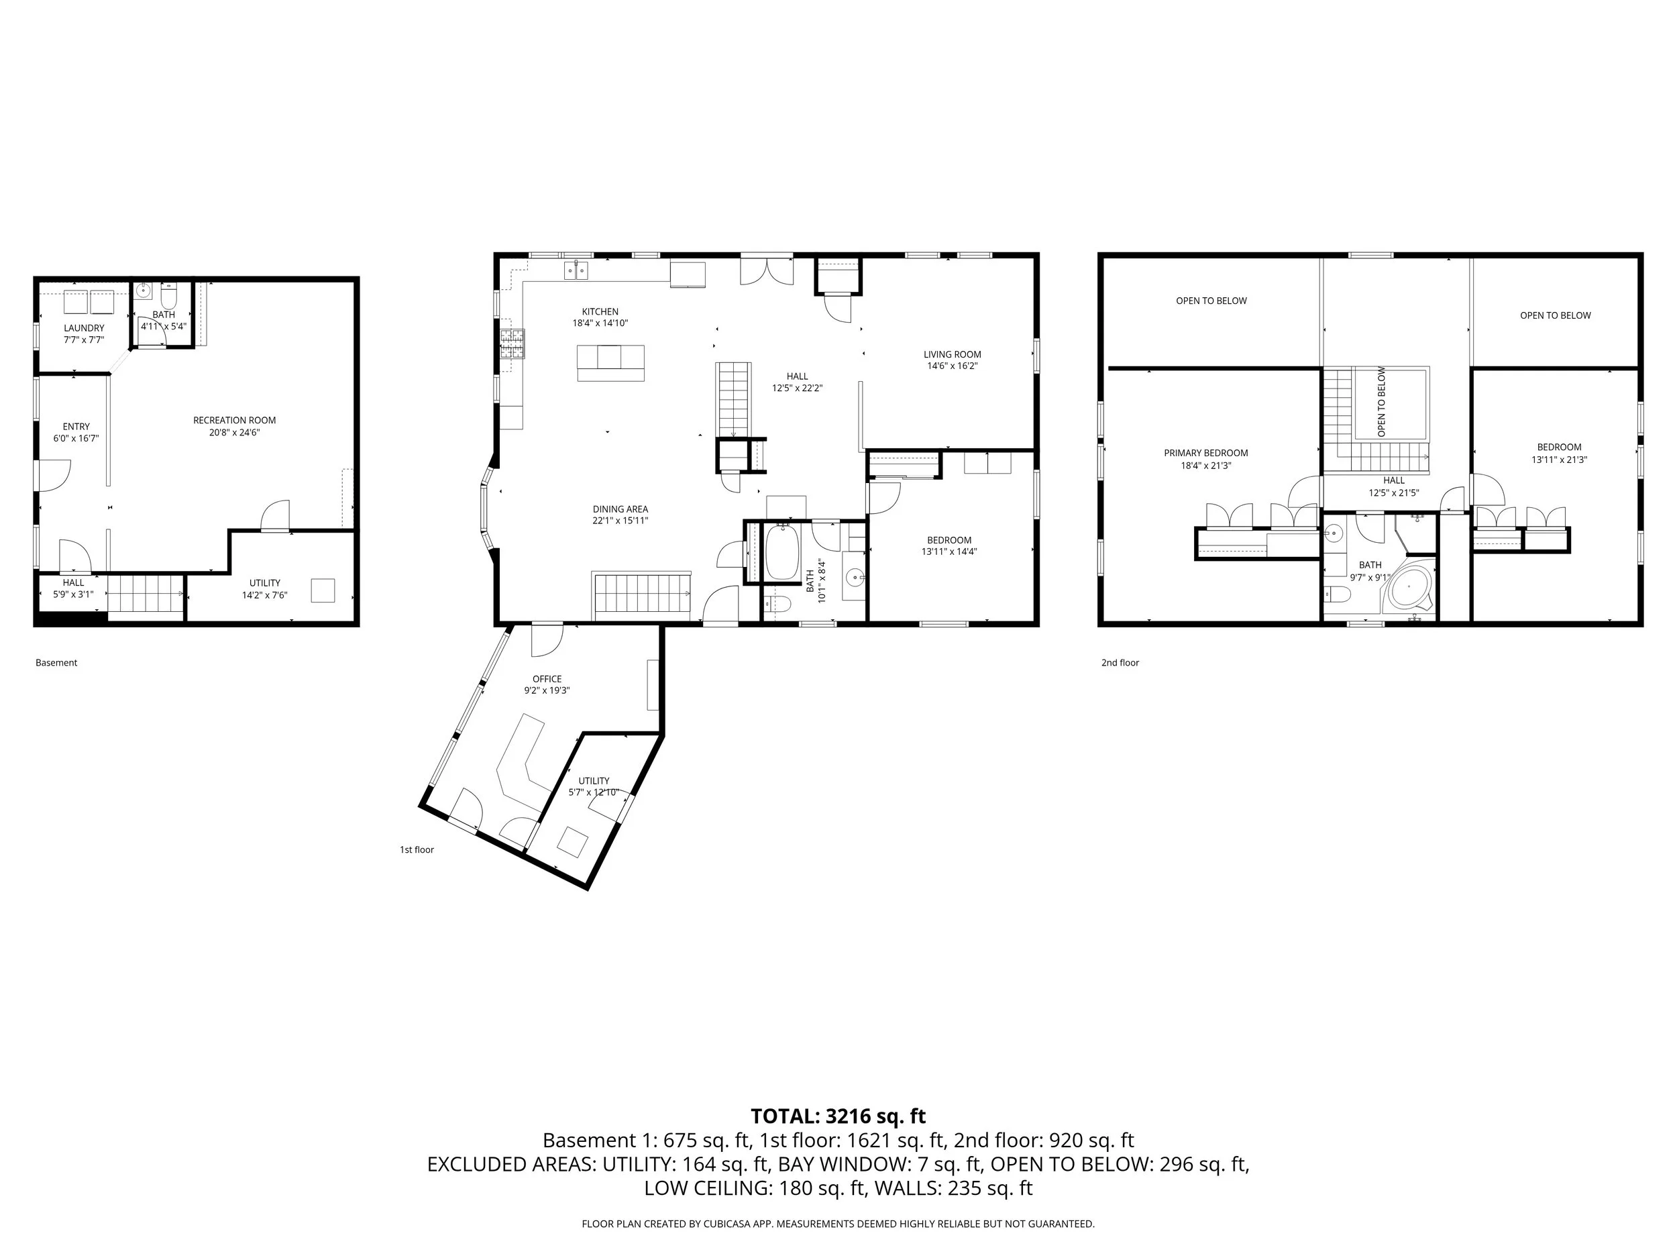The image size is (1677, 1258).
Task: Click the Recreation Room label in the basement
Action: click(234, 420)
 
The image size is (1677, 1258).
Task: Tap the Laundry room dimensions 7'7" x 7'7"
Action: click(83, 339)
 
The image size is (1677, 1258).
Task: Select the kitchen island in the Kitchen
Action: click(610, 362)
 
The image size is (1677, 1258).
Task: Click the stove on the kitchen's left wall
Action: click(512, 343)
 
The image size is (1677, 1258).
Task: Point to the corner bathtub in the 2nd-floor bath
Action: click(1410, 588)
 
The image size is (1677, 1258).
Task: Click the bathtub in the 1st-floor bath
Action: click(782, 553)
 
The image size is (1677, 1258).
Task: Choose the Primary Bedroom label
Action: click(1205, 454)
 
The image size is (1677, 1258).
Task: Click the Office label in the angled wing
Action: click(547, 679)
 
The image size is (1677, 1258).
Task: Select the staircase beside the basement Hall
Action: click(146, 593)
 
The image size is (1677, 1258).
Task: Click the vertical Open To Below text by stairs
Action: click(1381, 402)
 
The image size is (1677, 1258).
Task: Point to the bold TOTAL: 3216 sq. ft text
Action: click(838, 1116)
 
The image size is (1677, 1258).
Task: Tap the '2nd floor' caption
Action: click(1120, 663)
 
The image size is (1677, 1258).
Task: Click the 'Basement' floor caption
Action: click(56, 663)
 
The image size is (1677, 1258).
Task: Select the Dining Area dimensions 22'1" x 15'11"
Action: click(620, 521)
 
